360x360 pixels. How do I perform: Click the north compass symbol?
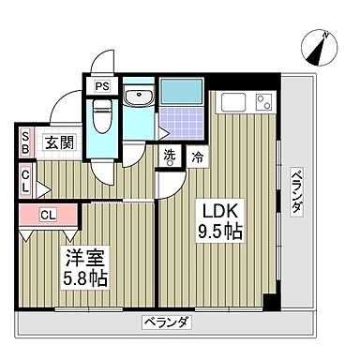[320, 45]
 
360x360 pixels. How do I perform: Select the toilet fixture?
[103, 119]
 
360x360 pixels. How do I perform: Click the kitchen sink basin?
[232, 101]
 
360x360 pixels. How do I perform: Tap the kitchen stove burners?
[262, 101]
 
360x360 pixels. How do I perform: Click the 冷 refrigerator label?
[197, 157]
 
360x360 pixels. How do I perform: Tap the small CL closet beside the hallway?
[25, 179]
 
